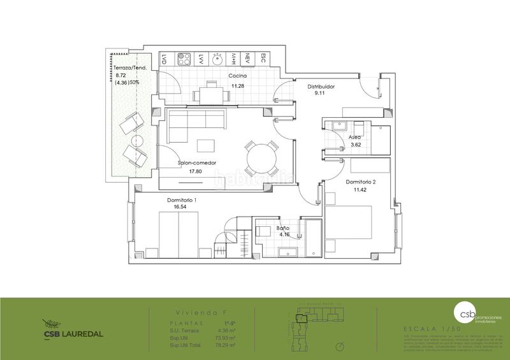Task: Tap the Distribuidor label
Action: [x=321, y=86]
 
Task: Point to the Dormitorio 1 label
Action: [x=182, y=199]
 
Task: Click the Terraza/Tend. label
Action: [x=131, y=68]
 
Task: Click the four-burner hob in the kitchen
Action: [x=184, y=59]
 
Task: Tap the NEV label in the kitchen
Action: [x=248, y=59]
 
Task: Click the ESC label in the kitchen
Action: [x=263, y=59]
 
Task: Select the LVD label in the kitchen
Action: [x=164, y=59]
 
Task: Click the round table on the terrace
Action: [x=136, y=141]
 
